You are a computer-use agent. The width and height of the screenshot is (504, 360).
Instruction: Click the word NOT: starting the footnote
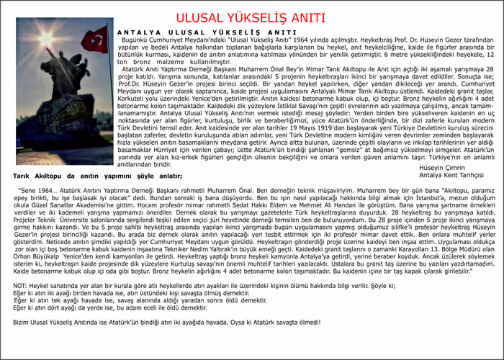(20, 305)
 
